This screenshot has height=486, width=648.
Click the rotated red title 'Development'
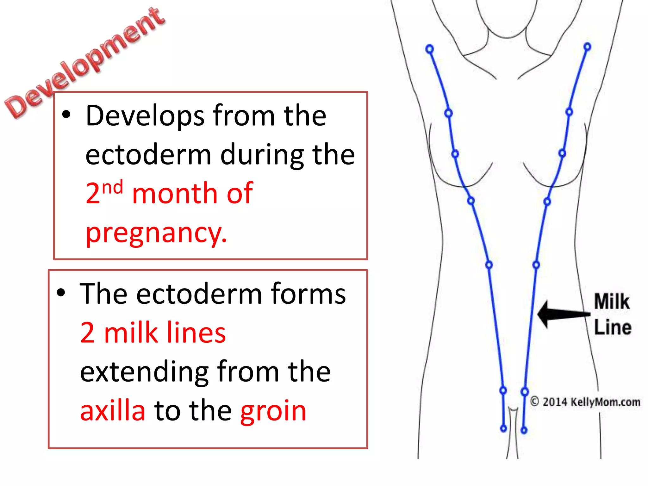click(84, 63)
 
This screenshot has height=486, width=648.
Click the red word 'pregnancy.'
click(156, 233)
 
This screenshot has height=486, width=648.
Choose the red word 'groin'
click(273, 411)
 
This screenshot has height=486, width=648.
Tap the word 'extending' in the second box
click(144, 372)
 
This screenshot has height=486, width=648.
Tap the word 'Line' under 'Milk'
click(613, 327)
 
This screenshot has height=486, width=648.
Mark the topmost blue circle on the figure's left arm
click(429, 49)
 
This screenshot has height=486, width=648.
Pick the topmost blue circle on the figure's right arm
click(587, 47)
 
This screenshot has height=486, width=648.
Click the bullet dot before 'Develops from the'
click(66, 115)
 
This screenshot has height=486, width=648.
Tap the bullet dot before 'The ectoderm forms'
click(61, 293)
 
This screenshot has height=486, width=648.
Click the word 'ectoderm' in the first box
click(148, 155)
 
